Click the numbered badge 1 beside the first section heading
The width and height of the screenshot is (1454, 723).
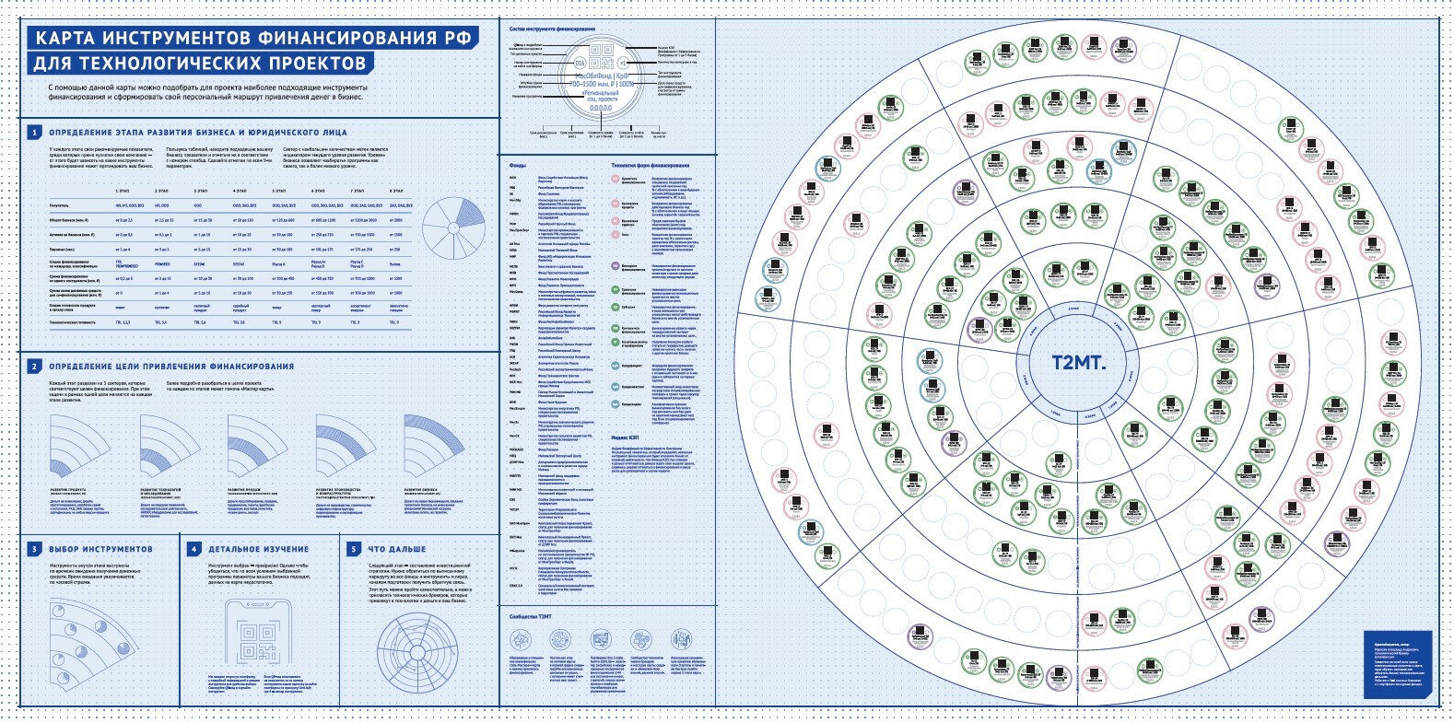click(x=34, y=133)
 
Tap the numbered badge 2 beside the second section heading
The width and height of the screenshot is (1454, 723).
click(x=34, y=367)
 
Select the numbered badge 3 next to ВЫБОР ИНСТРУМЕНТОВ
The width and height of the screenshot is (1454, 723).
click(x=34, y=549)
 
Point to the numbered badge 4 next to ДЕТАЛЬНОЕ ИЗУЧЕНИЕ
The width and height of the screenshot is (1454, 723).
click(x=193, y=549)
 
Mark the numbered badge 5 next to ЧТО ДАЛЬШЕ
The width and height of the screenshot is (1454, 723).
click(x=353, y=549)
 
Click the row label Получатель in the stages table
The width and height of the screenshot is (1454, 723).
click(x=59, y=204)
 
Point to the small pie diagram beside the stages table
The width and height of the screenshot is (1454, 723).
click(x=452, y=227)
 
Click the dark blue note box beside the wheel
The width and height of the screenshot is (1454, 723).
click(x=1399, y=662)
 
